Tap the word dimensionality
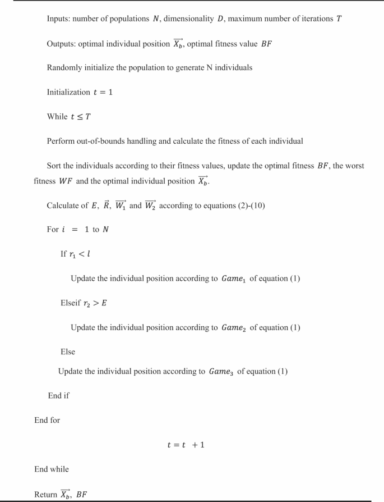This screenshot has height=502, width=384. click(x=190, y=19)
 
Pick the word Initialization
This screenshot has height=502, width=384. click(x=68, y=92)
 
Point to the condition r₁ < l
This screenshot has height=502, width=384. click(x=80, y=254)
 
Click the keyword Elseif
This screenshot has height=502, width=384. click(x=72, y=303)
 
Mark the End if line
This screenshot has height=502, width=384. click(x=59, y=396)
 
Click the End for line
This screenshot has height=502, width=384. click(x=47, y=420)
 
